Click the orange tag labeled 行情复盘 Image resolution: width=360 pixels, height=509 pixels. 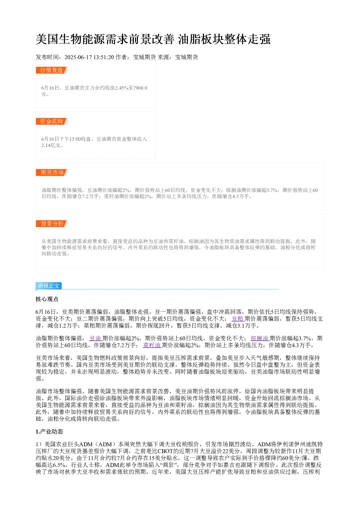pos(52,70)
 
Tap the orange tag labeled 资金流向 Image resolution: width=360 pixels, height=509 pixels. pos(52,121)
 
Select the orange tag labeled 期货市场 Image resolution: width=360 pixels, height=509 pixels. pos(52,172)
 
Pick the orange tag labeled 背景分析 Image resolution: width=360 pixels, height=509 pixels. pos(52,223)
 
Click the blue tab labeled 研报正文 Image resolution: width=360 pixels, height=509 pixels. pos(49,286)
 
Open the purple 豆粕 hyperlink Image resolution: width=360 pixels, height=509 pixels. pos(238,319)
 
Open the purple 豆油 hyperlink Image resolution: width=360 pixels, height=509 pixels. pos(95,338)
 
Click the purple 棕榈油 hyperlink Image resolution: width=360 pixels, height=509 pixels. pos(260,338)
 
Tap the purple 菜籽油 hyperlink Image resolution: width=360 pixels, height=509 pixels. pos(152,345)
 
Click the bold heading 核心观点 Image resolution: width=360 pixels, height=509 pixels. pos(47,299)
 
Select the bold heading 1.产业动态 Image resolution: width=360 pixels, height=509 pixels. pos(49,431)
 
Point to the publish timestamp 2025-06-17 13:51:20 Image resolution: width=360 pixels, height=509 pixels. pos(89,57)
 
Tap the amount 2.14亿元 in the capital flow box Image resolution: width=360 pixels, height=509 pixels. pos(51,145)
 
